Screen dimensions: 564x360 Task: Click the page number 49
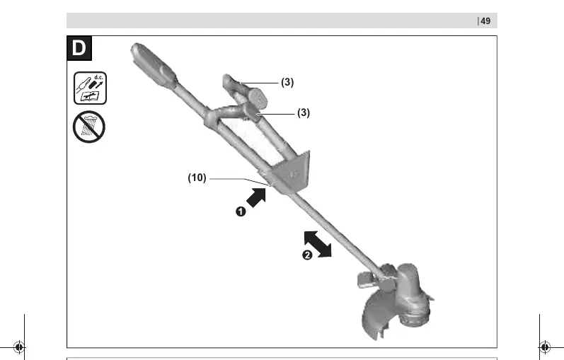485,21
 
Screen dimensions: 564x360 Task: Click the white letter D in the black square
79,48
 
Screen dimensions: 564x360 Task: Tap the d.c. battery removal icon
90,88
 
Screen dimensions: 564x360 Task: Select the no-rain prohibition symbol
89,127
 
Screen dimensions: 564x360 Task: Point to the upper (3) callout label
287,82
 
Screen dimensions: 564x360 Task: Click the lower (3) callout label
304,113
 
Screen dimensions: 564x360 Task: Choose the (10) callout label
197,178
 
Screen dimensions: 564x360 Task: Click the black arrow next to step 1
256,197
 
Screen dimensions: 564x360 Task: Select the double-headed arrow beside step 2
318,244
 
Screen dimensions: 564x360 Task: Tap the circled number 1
241,211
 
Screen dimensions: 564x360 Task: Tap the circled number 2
307,255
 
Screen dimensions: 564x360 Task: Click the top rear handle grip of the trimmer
153,66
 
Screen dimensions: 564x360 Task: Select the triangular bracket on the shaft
292,172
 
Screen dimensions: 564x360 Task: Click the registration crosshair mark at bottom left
19,347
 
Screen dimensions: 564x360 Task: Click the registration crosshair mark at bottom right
545,347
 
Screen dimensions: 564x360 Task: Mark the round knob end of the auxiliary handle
258,98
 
